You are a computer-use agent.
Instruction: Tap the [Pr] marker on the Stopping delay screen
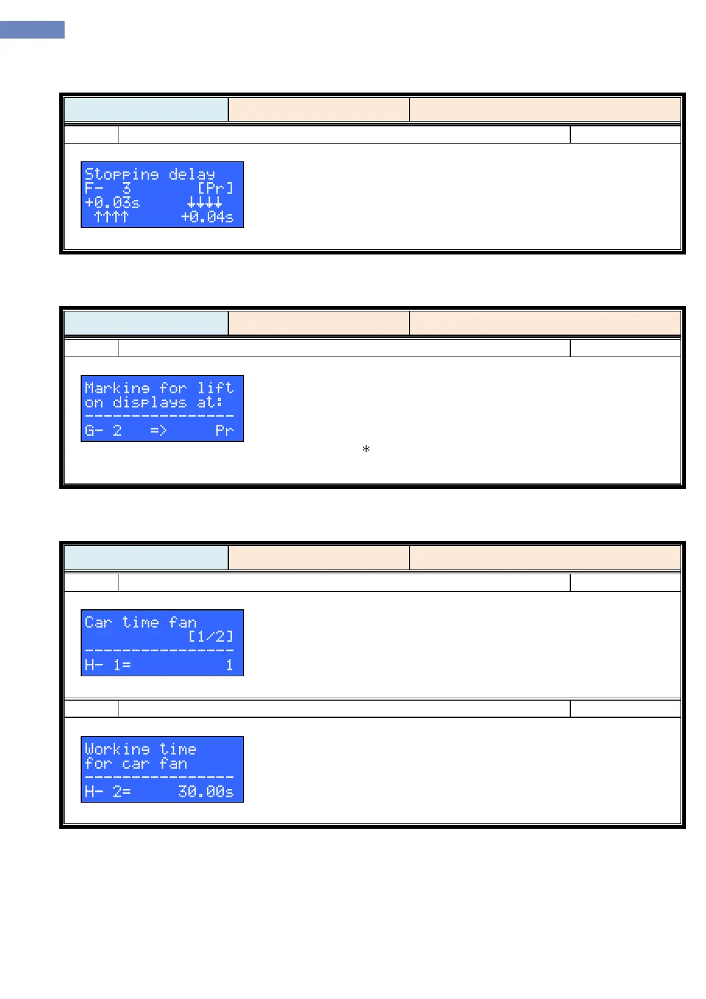click(x=215, y=189)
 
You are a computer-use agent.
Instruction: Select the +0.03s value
click(x=113, y=203)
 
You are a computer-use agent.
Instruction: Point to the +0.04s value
click(x=207, y=217)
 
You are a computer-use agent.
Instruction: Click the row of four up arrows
click(x=111, y=217)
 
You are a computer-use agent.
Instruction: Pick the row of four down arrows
click(x=205, y=203)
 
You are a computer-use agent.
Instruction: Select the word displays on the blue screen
click(x=149, y=402)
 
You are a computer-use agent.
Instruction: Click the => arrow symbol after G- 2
click(x=158, y=430)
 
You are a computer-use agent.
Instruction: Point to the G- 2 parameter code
click(x=103, y=430)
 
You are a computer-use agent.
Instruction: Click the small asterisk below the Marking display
click(x=366, y=449)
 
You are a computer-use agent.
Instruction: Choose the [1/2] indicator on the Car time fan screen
click(x=210, y=637)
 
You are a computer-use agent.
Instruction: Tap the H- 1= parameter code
click(x=107, y=665)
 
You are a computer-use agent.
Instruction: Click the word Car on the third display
click(x=98, y=622)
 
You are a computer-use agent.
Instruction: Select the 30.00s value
click(x=206, y=791)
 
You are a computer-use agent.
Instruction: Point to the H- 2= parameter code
click(x=107, y=791)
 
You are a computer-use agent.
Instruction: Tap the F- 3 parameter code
click(x=107, y=189)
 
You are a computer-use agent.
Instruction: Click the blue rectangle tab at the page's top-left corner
click(x=32, y=30)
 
